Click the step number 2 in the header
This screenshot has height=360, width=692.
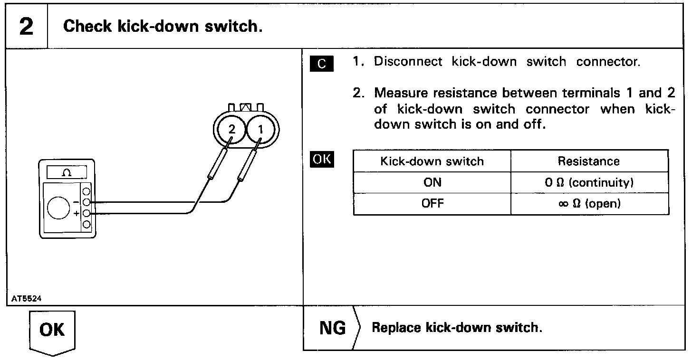point(27,26)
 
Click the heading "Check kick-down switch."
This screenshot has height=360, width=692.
point(163,26)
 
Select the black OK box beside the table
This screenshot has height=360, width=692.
point(322,160)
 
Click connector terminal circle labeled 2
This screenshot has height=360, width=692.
point(231,129)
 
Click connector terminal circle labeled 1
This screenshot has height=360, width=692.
point(260,129)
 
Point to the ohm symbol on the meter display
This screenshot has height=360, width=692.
point(67,173)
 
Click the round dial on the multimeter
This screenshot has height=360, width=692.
point(58,208)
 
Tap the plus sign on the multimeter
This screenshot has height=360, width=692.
point(76,214)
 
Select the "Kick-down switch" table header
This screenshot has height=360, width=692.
point(432,161)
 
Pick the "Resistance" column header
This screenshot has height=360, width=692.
point(588,161)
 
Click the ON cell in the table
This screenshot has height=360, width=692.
point(432,182)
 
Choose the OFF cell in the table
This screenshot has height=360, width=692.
point(432,204)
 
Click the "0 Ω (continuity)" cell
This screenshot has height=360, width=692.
point(589,182)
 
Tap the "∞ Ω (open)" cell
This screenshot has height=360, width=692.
point(589,204)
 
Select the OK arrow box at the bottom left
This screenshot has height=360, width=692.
point(52,331)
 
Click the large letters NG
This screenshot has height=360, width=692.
point(333,328)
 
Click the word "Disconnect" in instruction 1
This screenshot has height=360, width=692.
point(408,62)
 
